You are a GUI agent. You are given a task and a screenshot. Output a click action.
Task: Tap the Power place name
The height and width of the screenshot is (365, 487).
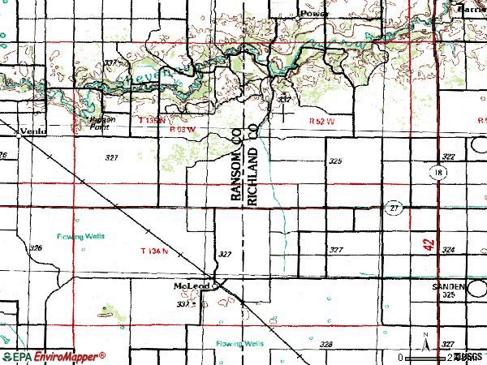[x=312, y=14]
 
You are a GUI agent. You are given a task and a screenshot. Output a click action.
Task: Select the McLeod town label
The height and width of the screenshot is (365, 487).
[x=192, y=286]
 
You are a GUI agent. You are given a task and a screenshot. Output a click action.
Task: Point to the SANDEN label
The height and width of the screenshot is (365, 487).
[x=449, y=286]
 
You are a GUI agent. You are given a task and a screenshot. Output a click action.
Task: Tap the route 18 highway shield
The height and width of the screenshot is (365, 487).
[x=437, y=173]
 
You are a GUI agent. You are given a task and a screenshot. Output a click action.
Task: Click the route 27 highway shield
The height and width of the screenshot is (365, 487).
[x=393, y=208]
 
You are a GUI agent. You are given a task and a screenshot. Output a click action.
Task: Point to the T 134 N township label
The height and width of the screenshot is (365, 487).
[x=154, y=251]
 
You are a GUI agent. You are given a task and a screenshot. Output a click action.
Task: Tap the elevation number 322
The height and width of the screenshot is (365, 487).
[x=448, y=156]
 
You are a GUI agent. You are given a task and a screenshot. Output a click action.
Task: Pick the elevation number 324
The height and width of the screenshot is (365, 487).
[x=448, y=250]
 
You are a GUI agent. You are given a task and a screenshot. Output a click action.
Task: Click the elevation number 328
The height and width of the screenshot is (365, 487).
[x=325, y=345]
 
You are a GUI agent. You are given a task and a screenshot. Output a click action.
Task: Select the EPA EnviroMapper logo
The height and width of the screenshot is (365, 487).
[x=54, y=356]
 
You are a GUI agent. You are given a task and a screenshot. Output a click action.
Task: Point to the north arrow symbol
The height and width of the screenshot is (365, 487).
[x=425, y=342]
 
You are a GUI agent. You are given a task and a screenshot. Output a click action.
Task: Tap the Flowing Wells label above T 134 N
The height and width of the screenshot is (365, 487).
[x=81, y=237]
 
